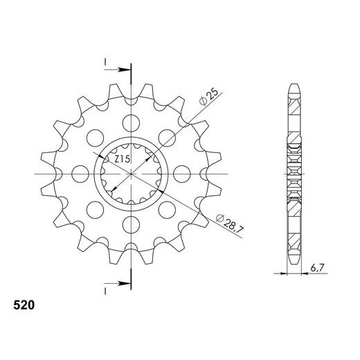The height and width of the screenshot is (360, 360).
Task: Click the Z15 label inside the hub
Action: click(x=123, y=160)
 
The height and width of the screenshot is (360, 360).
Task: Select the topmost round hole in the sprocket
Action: click(x=129, y=123)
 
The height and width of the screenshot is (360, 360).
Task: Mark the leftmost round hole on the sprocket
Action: click(x=79, y=173)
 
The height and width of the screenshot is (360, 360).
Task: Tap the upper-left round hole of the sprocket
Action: click(x=93, y=138)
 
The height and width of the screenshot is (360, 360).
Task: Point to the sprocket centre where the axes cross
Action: click(x=129, y=173)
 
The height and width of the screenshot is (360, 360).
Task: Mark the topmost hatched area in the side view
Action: click(x=294, y=108)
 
